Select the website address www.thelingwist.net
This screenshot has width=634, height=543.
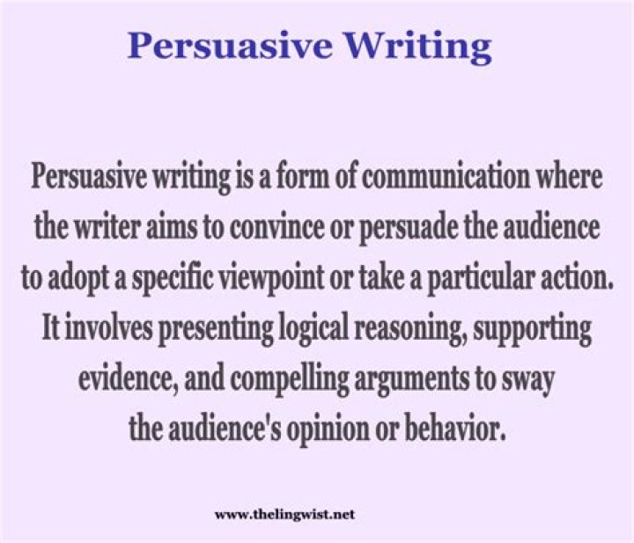pyautogui.click(x=284, y=513)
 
